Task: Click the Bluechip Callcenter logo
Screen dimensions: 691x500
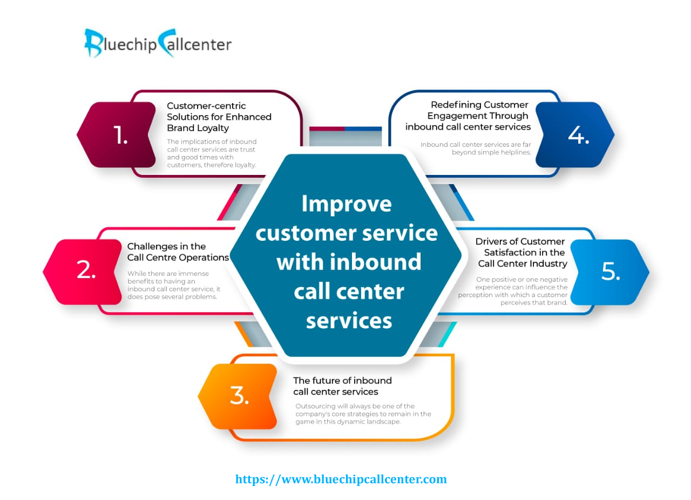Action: [x=158, y=43]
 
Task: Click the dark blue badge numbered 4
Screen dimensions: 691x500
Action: [x=575, y=135]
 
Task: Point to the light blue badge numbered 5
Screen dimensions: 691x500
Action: [x=610, y=272]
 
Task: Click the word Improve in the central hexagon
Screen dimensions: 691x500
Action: [x=347, y=204]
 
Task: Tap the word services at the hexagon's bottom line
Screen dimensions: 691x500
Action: [x=349, y=320]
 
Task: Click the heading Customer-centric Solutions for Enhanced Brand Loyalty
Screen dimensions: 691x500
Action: [x=219, y=117]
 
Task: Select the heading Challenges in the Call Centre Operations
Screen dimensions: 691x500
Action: [x=178, y=252]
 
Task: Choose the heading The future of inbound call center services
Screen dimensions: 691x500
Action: [x=342, y=386]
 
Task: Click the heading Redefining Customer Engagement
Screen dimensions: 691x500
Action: [x=468, y=116]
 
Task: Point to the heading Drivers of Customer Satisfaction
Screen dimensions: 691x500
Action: [x=521, y=253]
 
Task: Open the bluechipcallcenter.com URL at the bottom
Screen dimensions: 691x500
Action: [x=341, y=479]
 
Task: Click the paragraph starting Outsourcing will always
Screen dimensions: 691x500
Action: [x=363, y=414]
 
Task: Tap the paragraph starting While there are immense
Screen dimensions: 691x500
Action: [x=174, y=285]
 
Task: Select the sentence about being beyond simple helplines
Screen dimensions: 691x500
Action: [x=476, y=148]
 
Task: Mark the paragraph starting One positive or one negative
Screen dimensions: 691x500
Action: [x=513, y=290]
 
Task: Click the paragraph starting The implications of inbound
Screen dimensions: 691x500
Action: [x=212, y=153]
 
